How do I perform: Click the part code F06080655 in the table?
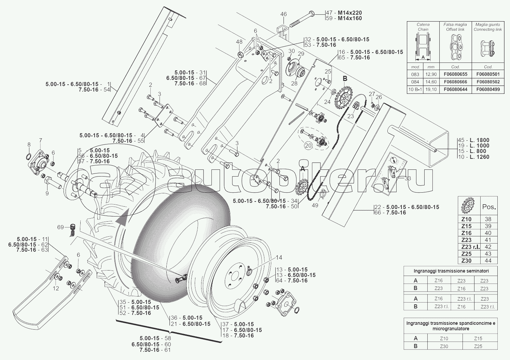tap(455, 74)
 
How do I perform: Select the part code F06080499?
tap(487, 89)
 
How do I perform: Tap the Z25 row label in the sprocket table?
tap(466, 254)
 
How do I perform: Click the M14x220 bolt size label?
tap(349, 13)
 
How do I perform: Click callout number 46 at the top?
tap(284, 14)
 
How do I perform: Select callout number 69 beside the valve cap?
tap(60, 227)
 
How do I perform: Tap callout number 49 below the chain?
tap(315, 205)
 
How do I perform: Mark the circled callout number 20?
tap(308, 146)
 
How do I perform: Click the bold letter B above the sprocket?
tap(345, 79)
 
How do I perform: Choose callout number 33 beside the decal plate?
tap(408, 178)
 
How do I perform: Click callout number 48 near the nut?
tap(239, 42)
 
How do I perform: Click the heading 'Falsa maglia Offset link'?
tap(455, 27)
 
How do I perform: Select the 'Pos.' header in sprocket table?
tap(489, 207)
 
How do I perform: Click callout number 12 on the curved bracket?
tap(56, 288)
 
